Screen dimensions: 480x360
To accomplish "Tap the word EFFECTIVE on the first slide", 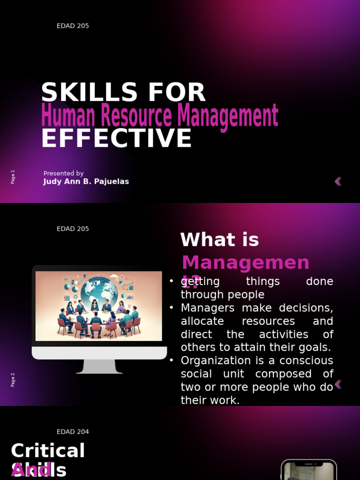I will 116,139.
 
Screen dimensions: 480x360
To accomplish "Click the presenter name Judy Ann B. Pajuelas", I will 86,181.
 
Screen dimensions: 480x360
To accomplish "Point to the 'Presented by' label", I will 63,173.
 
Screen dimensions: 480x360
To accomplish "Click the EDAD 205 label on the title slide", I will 73,26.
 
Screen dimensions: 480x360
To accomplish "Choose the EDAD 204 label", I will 73,432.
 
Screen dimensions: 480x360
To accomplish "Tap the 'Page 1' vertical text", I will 13,177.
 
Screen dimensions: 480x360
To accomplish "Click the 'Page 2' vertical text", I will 13,380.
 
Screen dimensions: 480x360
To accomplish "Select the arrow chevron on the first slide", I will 338,181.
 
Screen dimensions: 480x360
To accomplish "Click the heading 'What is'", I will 219,240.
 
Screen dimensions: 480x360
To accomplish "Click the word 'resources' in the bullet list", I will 268,321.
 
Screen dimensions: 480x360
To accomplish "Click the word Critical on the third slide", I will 48,451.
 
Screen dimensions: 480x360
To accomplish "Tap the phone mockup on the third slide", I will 309,470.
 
